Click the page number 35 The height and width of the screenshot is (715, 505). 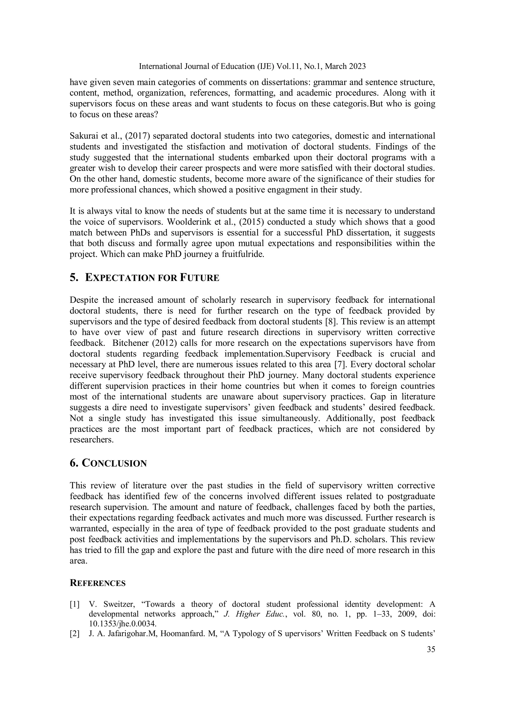pyautogui.click(x=431, y=649)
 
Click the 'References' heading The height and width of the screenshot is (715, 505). pyautogui.click(x=97, y=583)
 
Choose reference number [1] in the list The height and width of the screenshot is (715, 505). pyautogui.click(x=74, y=604)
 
